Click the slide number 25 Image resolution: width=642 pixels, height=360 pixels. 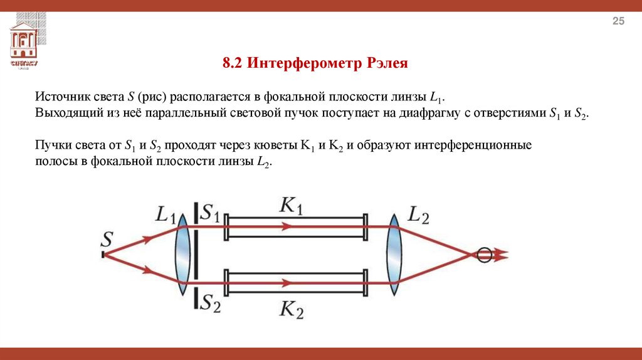pos(618,23)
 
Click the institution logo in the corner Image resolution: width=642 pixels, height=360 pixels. pos(24,44)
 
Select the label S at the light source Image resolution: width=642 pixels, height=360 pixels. pos(107,238)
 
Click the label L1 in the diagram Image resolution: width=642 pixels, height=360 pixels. pos(166,216)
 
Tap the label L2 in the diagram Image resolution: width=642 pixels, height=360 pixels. pos(418,215)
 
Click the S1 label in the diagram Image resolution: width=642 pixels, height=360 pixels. pos(209,214)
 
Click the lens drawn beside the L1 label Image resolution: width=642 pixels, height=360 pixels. pos(182,254)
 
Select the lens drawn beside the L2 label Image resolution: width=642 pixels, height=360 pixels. pos(394,254)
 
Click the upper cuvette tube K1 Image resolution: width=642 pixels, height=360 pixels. pos(295,228)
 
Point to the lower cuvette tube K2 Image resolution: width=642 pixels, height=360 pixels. pos(295,282)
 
